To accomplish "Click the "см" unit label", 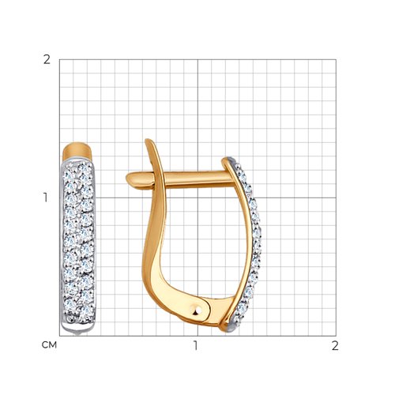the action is [x=49, y=345].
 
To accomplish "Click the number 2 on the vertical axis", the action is [x=47, y=60].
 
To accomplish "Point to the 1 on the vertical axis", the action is [x=46, y=197].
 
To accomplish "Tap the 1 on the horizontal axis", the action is [x=195, y=345].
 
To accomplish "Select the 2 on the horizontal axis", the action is [x=335, y=345].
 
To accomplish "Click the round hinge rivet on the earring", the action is [x=196, y=310].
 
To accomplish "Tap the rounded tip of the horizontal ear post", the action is [x=128, y=179].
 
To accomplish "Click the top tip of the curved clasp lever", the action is [x=149, y=141].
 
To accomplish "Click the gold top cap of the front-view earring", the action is [x=77, y=151].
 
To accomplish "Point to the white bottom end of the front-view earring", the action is [x=77, y=329].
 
